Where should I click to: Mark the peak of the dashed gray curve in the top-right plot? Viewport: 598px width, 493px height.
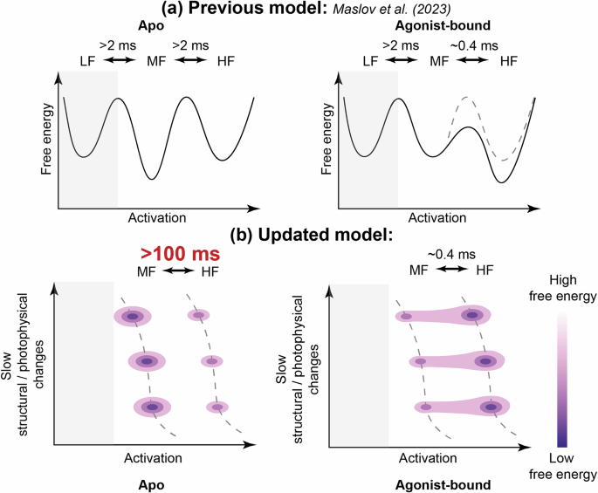467,99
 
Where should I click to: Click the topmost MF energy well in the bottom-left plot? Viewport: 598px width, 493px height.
132,317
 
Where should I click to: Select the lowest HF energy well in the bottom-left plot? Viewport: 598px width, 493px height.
211,407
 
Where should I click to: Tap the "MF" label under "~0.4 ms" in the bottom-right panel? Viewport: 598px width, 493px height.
420,271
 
